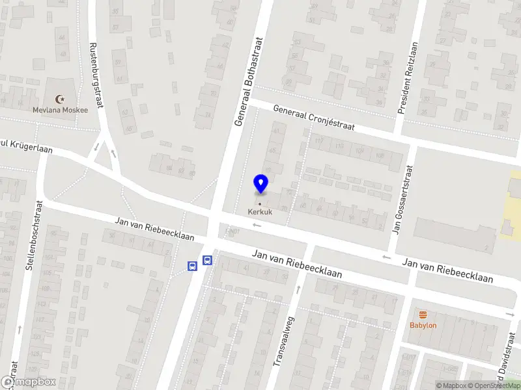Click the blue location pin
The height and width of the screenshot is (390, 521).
pos(261,184)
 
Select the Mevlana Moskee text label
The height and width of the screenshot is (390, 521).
pos(60,110)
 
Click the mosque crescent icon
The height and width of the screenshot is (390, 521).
pos(61,99)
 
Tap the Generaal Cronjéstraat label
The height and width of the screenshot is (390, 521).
pos(313,118)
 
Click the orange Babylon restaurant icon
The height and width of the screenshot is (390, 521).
pos(423,315)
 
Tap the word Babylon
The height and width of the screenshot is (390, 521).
pos(423,326)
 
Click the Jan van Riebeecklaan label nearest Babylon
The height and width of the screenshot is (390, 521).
pos(447,270)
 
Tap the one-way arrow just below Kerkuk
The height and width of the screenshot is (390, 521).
pos(257,226)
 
